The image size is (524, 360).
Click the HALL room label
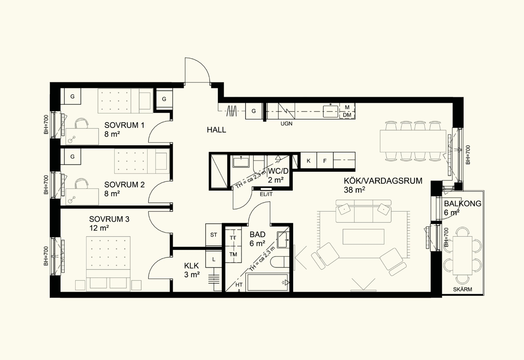click(216, 130)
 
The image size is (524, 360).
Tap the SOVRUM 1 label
click(124, 125)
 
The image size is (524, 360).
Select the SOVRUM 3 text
click(109, 219)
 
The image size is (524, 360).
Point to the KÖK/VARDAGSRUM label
click(383, 181)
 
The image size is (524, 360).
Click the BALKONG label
click(463, 204)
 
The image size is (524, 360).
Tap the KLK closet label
click(191, 266)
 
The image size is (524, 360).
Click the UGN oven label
click(286, 124)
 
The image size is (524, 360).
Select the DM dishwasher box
click(347, 115)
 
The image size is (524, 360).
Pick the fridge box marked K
click(308, 160)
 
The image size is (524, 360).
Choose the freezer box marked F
click(325, 160)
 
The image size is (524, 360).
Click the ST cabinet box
click(214, 235)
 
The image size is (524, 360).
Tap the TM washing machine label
click(233, 254)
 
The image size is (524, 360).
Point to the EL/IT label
click(266, 194)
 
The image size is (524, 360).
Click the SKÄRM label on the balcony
click(463, 289)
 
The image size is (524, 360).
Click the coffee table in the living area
click(364, 237)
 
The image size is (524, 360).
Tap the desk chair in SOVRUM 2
click(81, 183)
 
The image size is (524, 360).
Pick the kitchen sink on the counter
click(331, 112)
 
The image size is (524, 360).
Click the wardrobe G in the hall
click(254, 111)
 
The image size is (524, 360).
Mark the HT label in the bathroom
click(239, 285)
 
